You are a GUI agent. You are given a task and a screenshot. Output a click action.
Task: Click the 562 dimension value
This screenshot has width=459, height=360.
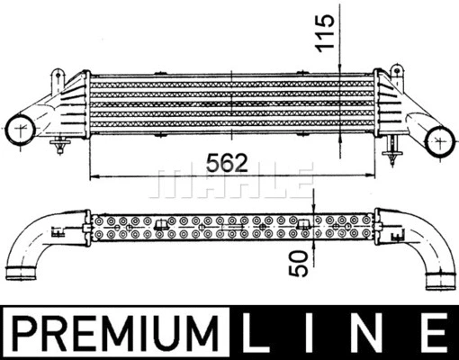click(x=227, y=163)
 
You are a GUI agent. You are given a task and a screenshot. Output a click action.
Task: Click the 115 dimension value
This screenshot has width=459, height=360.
click(x=325, y=33)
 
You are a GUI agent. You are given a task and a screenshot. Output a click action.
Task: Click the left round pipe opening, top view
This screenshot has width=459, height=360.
click(x=21, y=130)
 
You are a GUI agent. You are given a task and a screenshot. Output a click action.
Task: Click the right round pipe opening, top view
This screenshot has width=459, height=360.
click(x=440, y=141)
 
